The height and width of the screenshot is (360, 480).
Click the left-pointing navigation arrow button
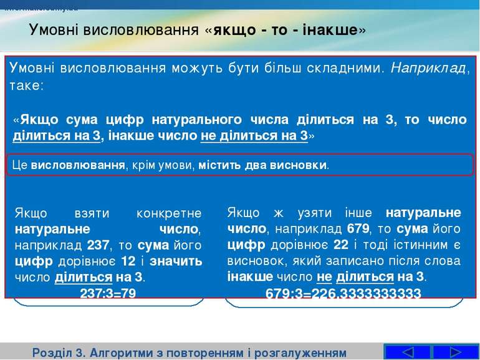pos(408,351)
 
